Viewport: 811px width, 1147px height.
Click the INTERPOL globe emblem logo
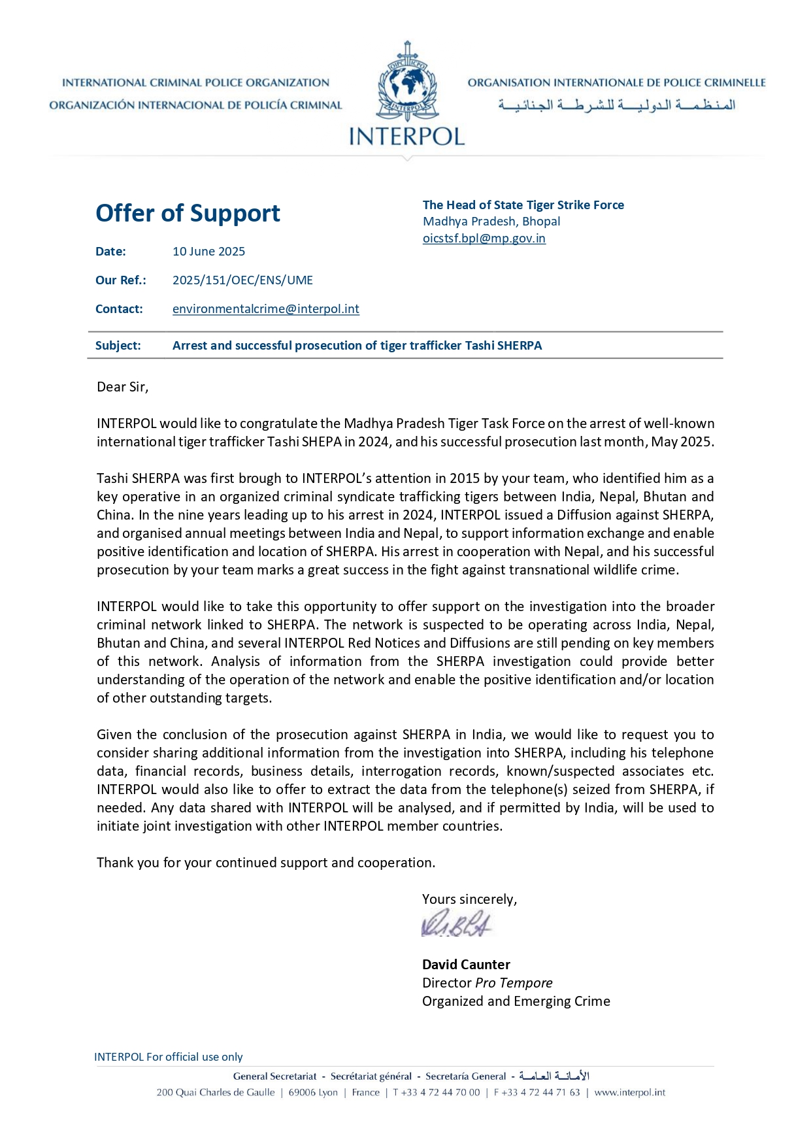click(x=406, y=82)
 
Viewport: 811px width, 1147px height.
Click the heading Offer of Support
click(x=188, y=214)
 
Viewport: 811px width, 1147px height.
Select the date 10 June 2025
click(x=208, y=252)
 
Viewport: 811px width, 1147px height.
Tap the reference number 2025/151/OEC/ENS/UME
click(x=242, y=280)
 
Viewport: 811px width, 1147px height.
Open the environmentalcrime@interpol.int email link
click(x=265, y=309)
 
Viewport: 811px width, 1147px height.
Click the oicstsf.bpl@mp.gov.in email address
click(x=484, y=239)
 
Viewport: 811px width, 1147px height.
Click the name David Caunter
click(x=466, y=965)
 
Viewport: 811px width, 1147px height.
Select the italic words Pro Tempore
click(x=514, y=983)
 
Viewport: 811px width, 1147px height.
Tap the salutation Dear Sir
click(x=122, y=387)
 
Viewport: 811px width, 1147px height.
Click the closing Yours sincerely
click(x=469, y=899)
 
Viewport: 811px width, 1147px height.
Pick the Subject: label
click(x=118, y=346)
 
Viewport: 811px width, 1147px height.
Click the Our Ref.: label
click(x=120, y=280)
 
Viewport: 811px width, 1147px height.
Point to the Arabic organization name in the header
click(x=616, y=105)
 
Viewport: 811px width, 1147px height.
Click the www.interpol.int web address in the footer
click(x=629, y=1092)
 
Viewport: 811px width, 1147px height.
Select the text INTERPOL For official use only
click(x=168, y=1057)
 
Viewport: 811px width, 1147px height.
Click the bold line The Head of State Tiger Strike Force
click(x=523, y=205)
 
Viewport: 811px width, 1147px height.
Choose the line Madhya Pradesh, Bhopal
click(x=491, y=222)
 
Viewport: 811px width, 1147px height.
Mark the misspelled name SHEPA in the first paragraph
click(x=322, y=442)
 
